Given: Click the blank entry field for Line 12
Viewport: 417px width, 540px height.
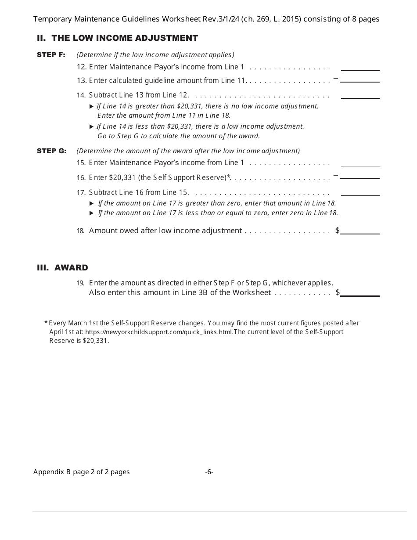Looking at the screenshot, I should pos(360,67).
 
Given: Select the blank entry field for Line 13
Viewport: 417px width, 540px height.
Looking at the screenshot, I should pos(360,79).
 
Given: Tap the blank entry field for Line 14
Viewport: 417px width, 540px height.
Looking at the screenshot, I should pos(360,95).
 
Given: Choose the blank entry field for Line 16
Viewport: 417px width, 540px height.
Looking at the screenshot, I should pos(360,175).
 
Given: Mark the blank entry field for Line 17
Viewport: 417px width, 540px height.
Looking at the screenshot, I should pos(360,192).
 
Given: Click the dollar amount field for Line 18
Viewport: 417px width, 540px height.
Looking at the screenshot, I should pos(360,230).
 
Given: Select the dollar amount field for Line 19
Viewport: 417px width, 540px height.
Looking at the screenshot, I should pos(360,292).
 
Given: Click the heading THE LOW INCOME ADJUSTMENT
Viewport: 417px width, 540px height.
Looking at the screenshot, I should pos(125,38).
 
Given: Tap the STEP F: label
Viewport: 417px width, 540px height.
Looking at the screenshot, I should pos(51,55).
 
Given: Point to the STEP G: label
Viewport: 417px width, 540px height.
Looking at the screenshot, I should pos(51,151).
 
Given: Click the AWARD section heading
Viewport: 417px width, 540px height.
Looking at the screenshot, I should pos(71,268).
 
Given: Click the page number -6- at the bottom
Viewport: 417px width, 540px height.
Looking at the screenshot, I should pos(209,472).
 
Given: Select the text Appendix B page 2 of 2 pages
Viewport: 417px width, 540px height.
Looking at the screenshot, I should pos(81,472).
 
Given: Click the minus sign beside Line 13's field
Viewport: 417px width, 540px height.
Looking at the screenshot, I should pos(335,78).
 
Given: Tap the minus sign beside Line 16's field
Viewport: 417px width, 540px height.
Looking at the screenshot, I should pos(335,175).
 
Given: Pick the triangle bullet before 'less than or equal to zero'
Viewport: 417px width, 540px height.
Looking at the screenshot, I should pos(91,213).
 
